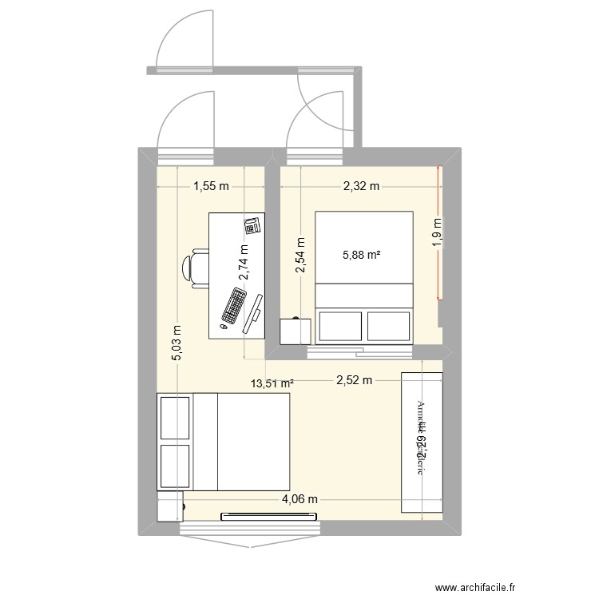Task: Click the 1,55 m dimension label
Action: (x=211, y=187)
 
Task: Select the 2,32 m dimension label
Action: (x=361, y=187)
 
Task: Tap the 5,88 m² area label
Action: (x=362, y=256)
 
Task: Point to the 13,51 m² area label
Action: (x=272, y=383)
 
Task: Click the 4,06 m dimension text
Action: (x=299, y=500)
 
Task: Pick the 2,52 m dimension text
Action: (x=354, y=380)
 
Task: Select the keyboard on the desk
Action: (x=235, y=305)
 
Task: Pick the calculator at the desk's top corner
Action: (x=252, y=226)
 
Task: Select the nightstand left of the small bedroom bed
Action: (x=295, y=330)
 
